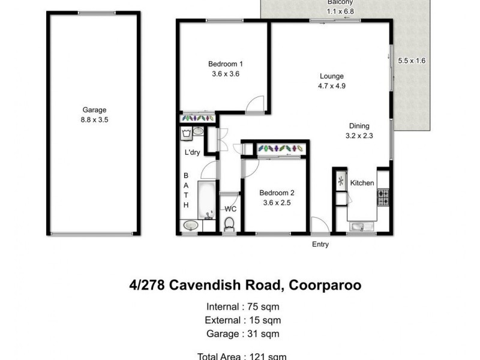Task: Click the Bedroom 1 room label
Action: click(225, 64)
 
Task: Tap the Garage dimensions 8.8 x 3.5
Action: click(94, 119)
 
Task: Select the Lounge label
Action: click(331, 76)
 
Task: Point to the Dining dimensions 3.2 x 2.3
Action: click(359, 136)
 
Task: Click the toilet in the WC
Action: click(229, 224)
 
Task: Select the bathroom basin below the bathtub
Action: click(191, 226)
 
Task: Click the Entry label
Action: click(320, 244)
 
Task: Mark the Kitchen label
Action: click(362, 183)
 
